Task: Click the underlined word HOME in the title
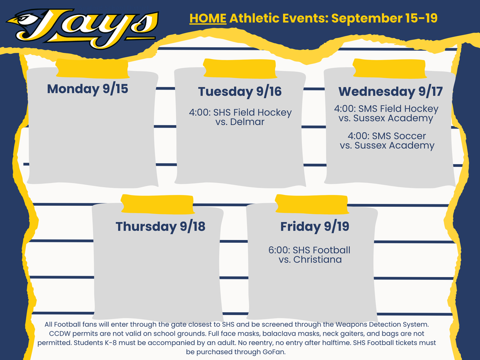[x=208, y=19]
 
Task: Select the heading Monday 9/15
[x=88, y=89]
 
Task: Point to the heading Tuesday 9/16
[x=240, y=91]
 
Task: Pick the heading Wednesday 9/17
[x=390, y=91]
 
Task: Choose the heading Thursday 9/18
[x=160, y=226]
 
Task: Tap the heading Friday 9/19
[x=315, y=226]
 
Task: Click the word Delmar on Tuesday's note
[x=247, y=122]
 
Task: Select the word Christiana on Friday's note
[x=317, y=259]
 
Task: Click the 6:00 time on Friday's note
[x=278, y=250]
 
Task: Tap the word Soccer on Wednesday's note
[x=410, y=136]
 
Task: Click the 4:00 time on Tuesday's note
[x=200, y=113]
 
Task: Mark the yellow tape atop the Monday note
[x=92, y=68]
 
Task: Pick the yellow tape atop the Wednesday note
[x=389, y=68]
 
